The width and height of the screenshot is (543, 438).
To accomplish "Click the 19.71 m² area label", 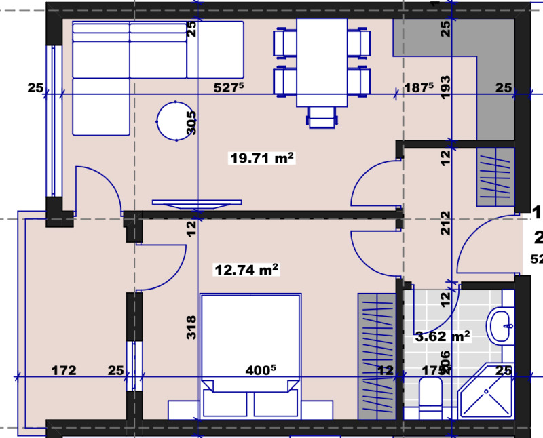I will click(x=262, y=159).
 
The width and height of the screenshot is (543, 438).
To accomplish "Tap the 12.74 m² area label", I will click(x=247, y=270).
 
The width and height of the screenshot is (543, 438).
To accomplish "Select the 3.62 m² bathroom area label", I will click(x=443, y=336).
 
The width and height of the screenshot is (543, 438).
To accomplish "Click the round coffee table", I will click(x=175, y=121).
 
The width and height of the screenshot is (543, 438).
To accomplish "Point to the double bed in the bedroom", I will click(x=250, y=346).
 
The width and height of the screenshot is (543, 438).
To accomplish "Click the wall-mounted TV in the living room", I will click(x=196, y=202).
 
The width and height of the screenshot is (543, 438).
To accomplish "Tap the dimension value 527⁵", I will click(x=229, y=87).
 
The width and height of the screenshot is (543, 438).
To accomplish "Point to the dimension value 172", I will click(x=64, y=371).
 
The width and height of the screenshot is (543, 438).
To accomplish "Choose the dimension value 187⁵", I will click(x=419, y=87).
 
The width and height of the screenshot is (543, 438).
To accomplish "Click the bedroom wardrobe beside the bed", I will click(x=377, y=355).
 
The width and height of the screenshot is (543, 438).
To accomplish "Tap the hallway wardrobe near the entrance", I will click(x=495, y=177).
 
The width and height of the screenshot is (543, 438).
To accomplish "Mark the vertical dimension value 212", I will click(x=445, y=223).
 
